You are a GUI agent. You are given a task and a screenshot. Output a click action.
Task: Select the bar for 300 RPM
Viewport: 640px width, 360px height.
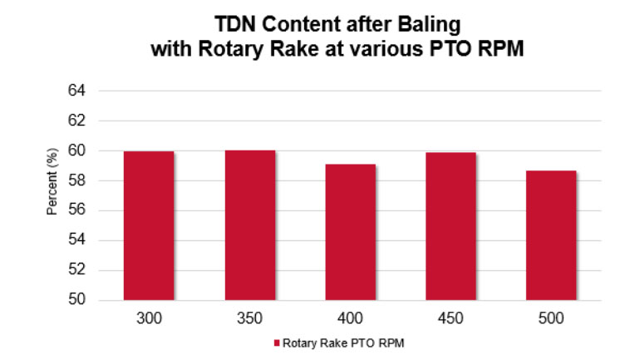coord(149,225)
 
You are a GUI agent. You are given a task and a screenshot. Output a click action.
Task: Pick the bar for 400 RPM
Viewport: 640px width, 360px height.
coord(350,232)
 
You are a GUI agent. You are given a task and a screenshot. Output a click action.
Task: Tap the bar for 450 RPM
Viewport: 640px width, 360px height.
coord(450,226)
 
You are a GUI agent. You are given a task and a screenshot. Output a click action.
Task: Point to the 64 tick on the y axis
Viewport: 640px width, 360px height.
coord(77,91)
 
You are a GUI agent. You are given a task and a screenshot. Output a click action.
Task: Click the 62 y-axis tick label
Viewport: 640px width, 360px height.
coord(77,121)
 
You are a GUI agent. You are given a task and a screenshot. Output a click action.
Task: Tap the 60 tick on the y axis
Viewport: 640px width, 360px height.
coord(77,150)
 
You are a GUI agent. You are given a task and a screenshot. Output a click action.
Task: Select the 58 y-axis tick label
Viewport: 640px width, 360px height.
coord(77,180)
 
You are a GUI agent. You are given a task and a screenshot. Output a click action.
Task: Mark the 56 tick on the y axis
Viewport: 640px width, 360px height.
coord(77,210)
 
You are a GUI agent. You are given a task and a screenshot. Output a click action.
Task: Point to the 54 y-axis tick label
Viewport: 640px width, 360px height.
coord(77,240)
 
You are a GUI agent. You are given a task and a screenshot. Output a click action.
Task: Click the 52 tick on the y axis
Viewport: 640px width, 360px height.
coord(77,270)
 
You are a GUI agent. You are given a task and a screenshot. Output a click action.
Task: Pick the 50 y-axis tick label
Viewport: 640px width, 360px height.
coord(77,300)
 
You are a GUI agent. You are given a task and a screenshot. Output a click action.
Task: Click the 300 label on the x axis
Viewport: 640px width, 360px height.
coord(149,318)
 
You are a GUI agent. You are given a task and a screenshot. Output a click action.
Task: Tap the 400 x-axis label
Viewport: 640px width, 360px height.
coord(350,318)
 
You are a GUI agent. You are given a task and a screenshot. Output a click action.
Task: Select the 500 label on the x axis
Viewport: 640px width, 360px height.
coord(551,318)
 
